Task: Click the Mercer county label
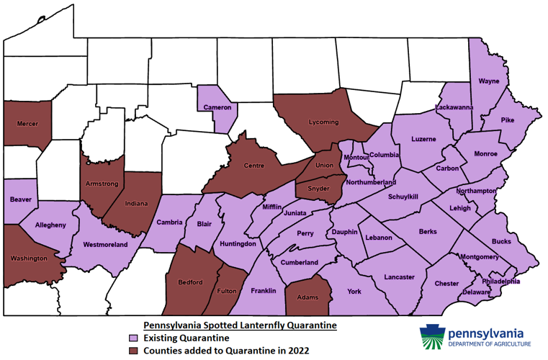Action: (27, 123)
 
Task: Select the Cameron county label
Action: (216, 107)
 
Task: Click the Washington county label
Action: (29, 258)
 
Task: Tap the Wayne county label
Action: (488, 81)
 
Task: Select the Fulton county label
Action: (227, 290)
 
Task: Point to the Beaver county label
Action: (20, 199)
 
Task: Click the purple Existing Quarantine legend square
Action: (132, 338)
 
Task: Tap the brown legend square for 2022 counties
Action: (132, 351)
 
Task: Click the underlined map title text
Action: (240, 325)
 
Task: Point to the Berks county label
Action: (429, 232)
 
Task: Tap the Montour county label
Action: (356, 158)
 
